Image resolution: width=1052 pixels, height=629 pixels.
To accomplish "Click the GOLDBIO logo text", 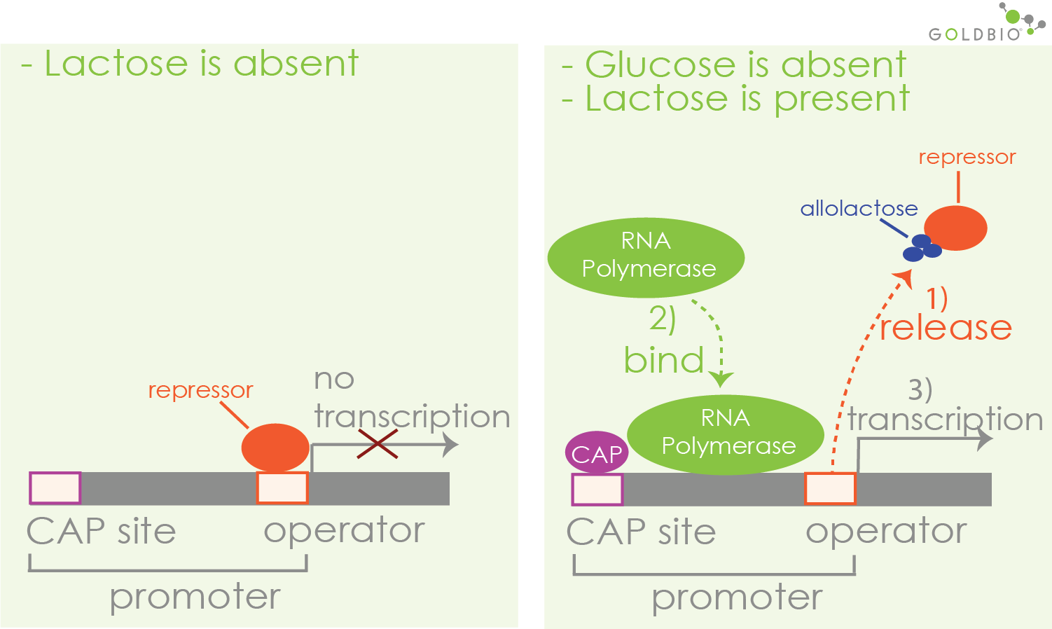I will (x=974, y=34).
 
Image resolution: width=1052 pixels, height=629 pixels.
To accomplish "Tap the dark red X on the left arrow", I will (x=378, y=444).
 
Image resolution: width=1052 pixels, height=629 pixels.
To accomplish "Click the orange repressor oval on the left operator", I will (x=275, y=447).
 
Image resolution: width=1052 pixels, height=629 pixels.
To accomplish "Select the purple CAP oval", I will (x=597, y=452).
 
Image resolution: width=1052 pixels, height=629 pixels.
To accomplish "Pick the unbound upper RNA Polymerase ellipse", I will (x=645, y=257).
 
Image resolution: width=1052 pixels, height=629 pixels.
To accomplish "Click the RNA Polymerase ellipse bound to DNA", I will (x=726, y=434).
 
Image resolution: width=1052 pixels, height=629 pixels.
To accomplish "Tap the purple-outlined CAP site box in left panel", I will (x=55, y=488).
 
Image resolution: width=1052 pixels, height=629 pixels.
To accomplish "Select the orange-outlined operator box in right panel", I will (x=830, y=488).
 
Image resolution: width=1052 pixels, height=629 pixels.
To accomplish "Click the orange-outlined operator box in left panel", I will (x=282, y=488).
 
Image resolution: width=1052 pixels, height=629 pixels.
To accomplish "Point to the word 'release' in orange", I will (x=946, y=328).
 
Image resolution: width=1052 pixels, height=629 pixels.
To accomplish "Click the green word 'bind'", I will (x=663, y=360).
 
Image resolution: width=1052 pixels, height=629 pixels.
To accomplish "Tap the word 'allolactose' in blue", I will (x=859, y=208).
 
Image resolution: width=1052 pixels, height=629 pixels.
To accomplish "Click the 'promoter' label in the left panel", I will (x=195, y=597).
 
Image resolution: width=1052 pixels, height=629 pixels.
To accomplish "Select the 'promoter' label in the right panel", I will (x=737, y=598).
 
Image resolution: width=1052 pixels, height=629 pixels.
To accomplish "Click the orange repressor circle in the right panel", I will (x=955, y=228).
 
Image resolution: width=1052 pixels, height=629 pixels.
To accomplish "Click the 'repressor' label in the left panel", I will (x=200, y=389).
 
